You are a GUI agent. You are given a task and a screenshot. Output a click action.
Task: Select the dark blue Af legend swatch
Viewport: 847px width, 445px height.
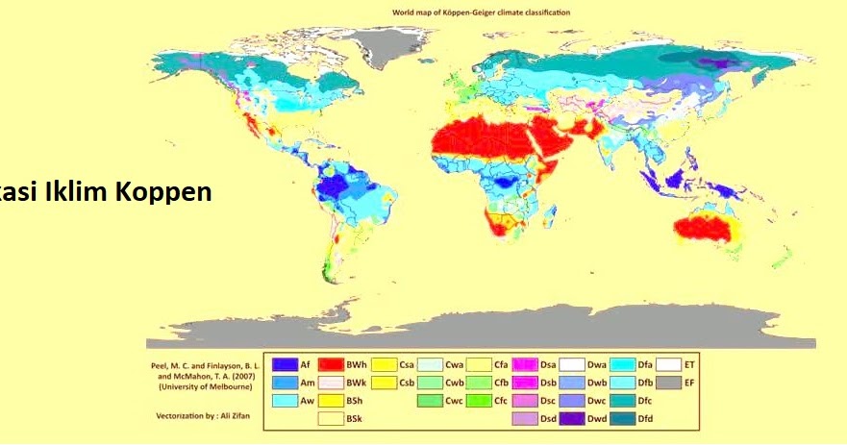(284, 364)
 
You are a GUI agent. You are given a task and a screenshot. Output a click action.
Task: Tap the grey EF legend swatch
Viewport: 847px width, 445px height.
(669, 383)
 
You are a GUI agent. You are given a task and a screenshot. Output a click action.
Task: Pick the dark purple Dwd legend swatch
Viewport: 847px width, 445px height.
(573, 418)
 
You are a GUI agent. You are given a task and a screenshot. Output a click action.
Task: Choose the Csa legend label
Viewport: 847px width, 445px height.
(407, 364)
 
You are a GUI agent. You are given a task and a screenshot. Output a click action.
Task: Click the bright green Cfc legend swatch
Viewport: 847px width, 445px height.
(478, 401)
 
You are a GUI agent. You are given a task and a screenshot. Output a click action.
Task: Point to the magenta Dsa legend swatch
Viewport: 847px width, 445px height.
(525, 364)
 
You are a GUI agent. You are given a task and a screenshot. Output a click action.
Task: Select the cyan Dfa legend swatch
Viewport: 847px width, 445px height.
(622, 364)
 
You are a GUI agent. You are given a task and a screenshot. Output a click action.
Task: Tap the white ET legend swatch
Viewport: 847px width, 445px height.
(669, 364)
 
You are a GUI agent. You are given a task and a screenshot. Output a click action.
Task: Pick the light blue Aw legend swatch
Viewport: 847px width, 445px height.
(284, 401)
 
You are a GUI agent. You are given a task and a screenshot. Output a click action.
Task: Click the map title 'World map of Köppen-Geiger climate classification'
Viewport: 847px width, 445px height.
(481, 12)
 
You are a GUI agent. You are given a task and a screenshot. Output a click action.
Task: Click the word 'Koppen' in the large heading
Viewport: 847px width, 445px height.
(162, 190)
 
